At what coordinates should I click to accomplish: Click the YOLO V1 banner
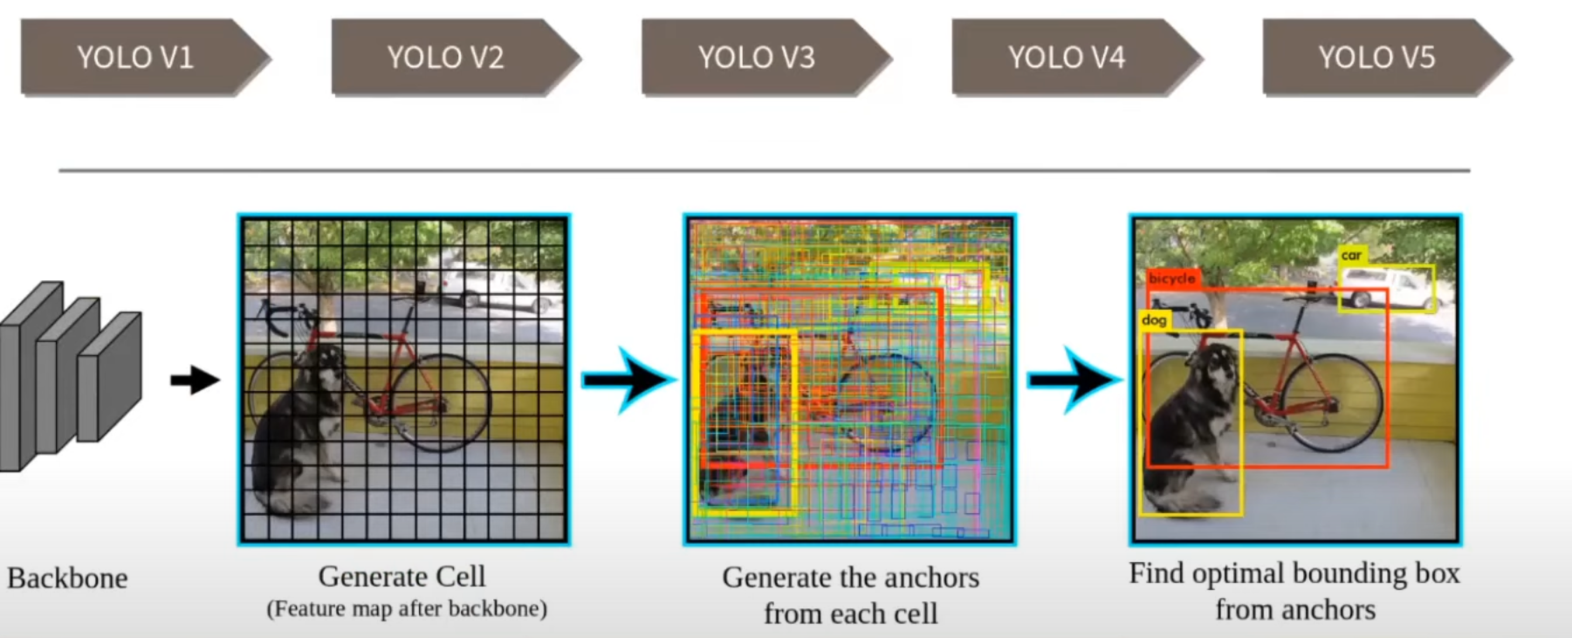135,57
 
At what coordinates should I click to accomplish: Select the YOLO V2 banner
446,57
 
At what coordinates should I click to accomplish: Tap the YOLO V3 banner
757,57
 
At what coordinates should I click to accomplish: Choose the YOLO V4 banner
1067,57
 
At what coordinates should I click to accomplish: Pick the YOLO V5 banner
1377,57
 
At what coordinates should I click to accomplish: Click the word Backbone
68,578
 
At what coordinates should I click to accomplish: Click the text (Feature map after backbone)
406,609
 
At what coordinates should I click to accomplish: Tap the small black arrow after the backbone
195,380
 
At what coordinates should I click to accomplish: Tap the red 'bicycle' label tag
1172,279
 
